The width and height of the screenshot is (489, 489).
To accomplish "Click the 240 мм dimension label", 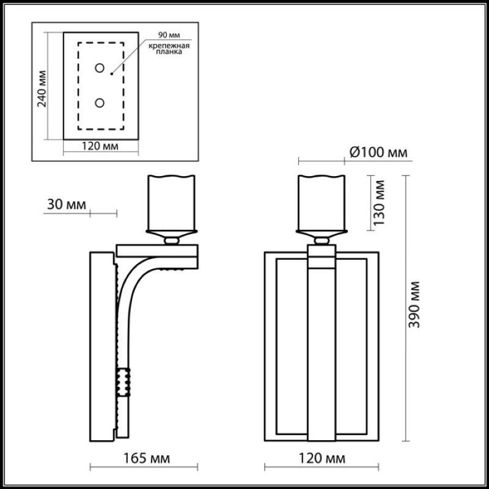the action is pyautogui.click(x=42, y=89).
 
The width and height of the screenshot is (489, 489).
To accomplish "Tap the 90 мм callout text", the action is pyautogui.click(x=169, y=35).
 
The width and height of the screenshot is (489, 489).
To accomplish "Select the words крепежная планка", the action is pyautogui.click(x=169, y=49).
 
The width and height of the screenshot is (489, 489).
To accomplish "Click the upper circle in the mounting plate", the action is pyautogui.click(x=100, y=68).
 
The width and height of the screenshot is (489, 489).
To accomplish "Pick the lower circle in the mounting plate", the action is pyautogui.click(x=100, y=103).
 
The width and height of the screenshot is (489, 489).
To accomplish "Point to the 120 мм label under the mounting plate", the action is pyautogui.click(x=100, y=146).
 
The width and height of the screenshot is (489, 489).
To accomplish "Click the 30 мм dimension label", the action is pyautogui.click(x=67, y=205).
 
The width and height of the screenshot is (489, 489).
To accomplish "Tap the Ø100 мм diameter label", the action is pyautogui.click(x=378, y=152).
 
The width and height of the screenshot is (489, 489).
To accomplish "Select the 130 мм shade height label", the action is pyautogui.click(x=379, y=203).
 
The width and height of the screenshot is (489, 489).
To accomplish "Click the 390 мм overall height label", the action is pyautogui.click(x=414, y=304).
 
